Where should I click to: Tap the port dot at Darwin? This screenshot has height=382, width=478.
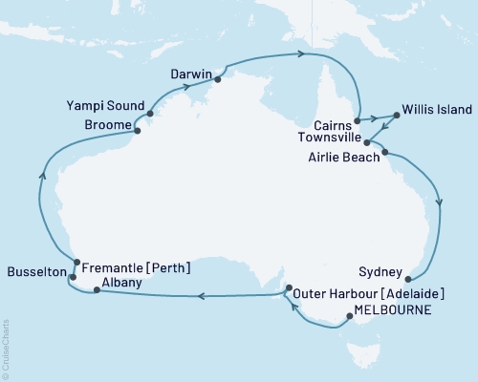coord(219,79)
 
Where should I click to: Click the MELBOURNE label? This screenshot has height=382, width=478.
coord(392,310)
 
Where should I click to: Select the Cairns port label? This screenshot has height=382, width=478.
coord(332,124)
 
